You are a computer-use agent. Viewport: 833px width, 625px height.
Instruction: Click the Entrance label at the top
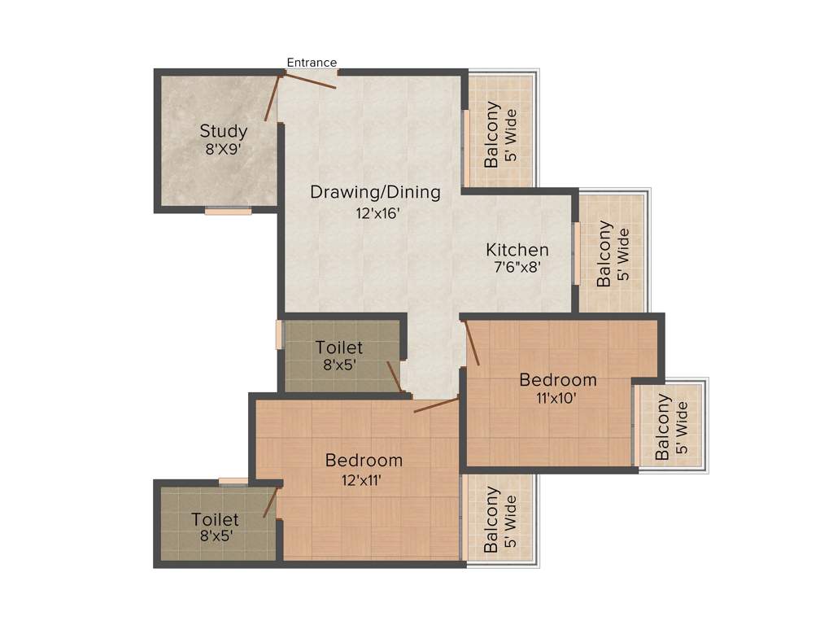[x=312, y=63]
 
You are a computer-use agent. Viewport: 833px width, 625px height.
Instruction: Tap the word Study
[x=224, y=131]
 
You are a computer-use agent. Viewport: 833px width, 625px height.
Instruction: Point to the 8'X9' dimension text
[x=224, y=150]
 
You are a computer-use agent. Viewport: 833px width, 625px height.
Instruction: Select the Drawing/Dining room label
[x=375, y=193]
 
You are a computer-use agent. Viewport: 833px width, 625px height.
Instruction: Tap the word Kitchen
[x=517, y=250]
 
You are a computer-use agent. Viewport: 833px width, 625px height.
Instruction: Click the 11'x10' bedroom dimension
[x=558, y=398]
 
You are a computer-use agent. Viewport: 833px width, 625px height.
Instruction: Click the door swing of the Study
[x=273, y=98]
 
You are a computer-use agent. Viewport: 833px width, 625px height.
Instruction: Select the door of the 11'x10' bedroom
[x=472, y=343]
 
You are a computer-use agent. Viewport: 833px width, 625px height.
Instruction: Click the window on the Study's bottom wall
[x=228, y=211]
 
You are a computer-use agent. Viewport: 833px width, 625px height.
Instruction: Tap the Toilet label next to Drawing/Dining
[x=339, y=348]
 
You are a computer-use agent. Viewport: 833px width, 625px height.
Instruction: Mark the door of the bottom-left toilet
[x=271, y=501]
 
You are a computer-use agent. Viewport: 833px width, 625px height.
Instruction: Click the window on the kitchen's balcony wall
[x=576, y=253]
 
